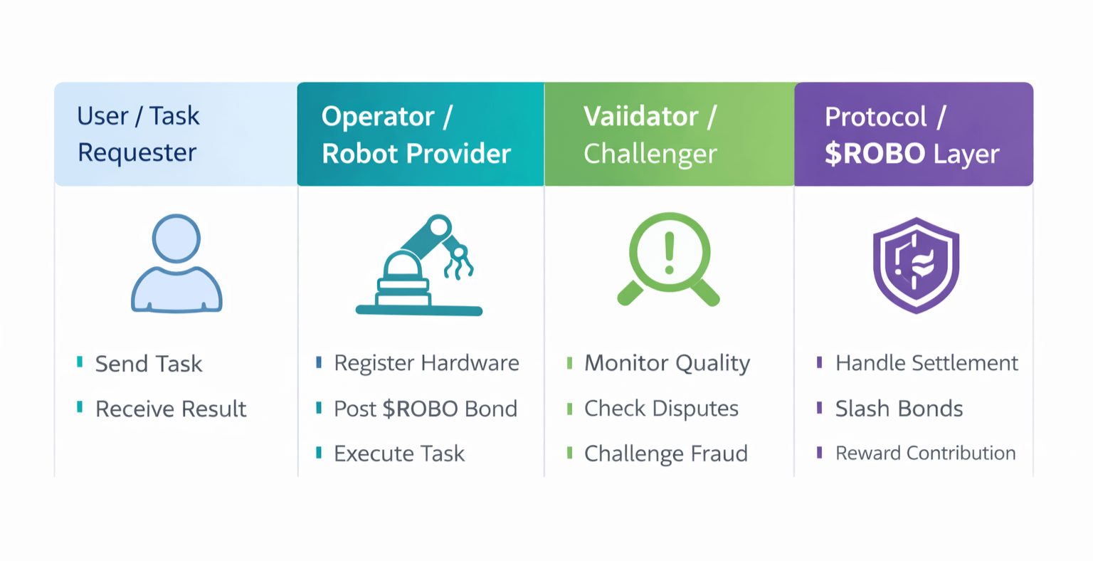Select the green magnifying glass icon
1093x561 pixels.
[668, 259]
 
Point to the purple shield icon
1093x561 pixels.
[916, 265]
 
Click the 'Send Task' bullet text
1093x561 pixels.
[149, 364]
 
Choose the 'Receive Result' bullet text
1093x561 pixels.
[171, 409]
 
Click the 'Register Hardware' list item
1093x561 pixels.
[426, 363]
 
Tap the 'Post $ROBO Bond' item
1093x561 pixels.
[426, 409]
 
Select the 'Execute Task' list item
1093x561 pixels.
[399, 453]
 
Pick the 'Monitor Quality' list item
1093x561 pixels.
[667, 363]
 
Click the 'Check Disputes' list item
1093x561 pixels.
[661, 409]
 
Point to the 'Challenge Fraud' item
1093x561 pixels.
[665, 453]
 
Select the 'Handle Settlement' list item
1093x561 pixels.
[926, 363]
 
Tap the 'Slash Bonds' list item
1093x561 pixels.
[899, 409]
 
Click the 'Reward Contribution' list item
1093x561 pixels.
[925, 453]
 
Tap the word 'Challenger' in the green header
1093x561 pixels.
[650, 154]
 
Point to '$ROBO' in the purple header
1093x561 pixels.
[875, 154]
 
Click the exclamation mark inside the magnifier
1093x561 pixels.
[669, 253]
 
